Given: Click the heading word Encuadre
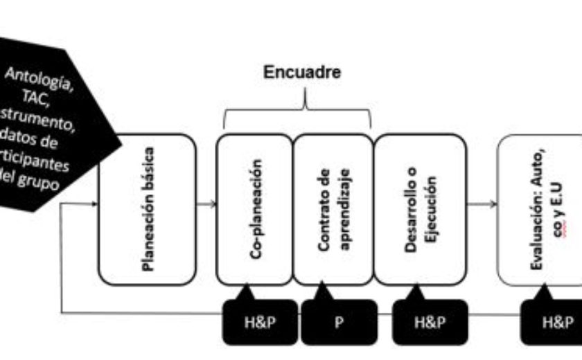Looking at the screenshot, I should [x=303, y=73].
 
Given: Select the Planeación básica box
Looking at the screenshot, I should [x=147, y=209].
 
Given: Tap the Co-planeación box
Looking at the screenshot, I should [x=254, y=209].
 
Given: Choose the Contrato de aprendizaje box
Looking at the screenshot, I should [x=333, y=209].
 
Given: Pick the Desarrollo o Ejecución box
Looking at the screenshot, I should [x=419, y=209].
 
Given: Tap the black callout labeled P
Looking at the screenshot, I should [x=339, y=323].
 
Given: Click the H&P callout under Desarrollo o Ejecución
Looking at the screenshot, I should [x=430, y=323].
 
